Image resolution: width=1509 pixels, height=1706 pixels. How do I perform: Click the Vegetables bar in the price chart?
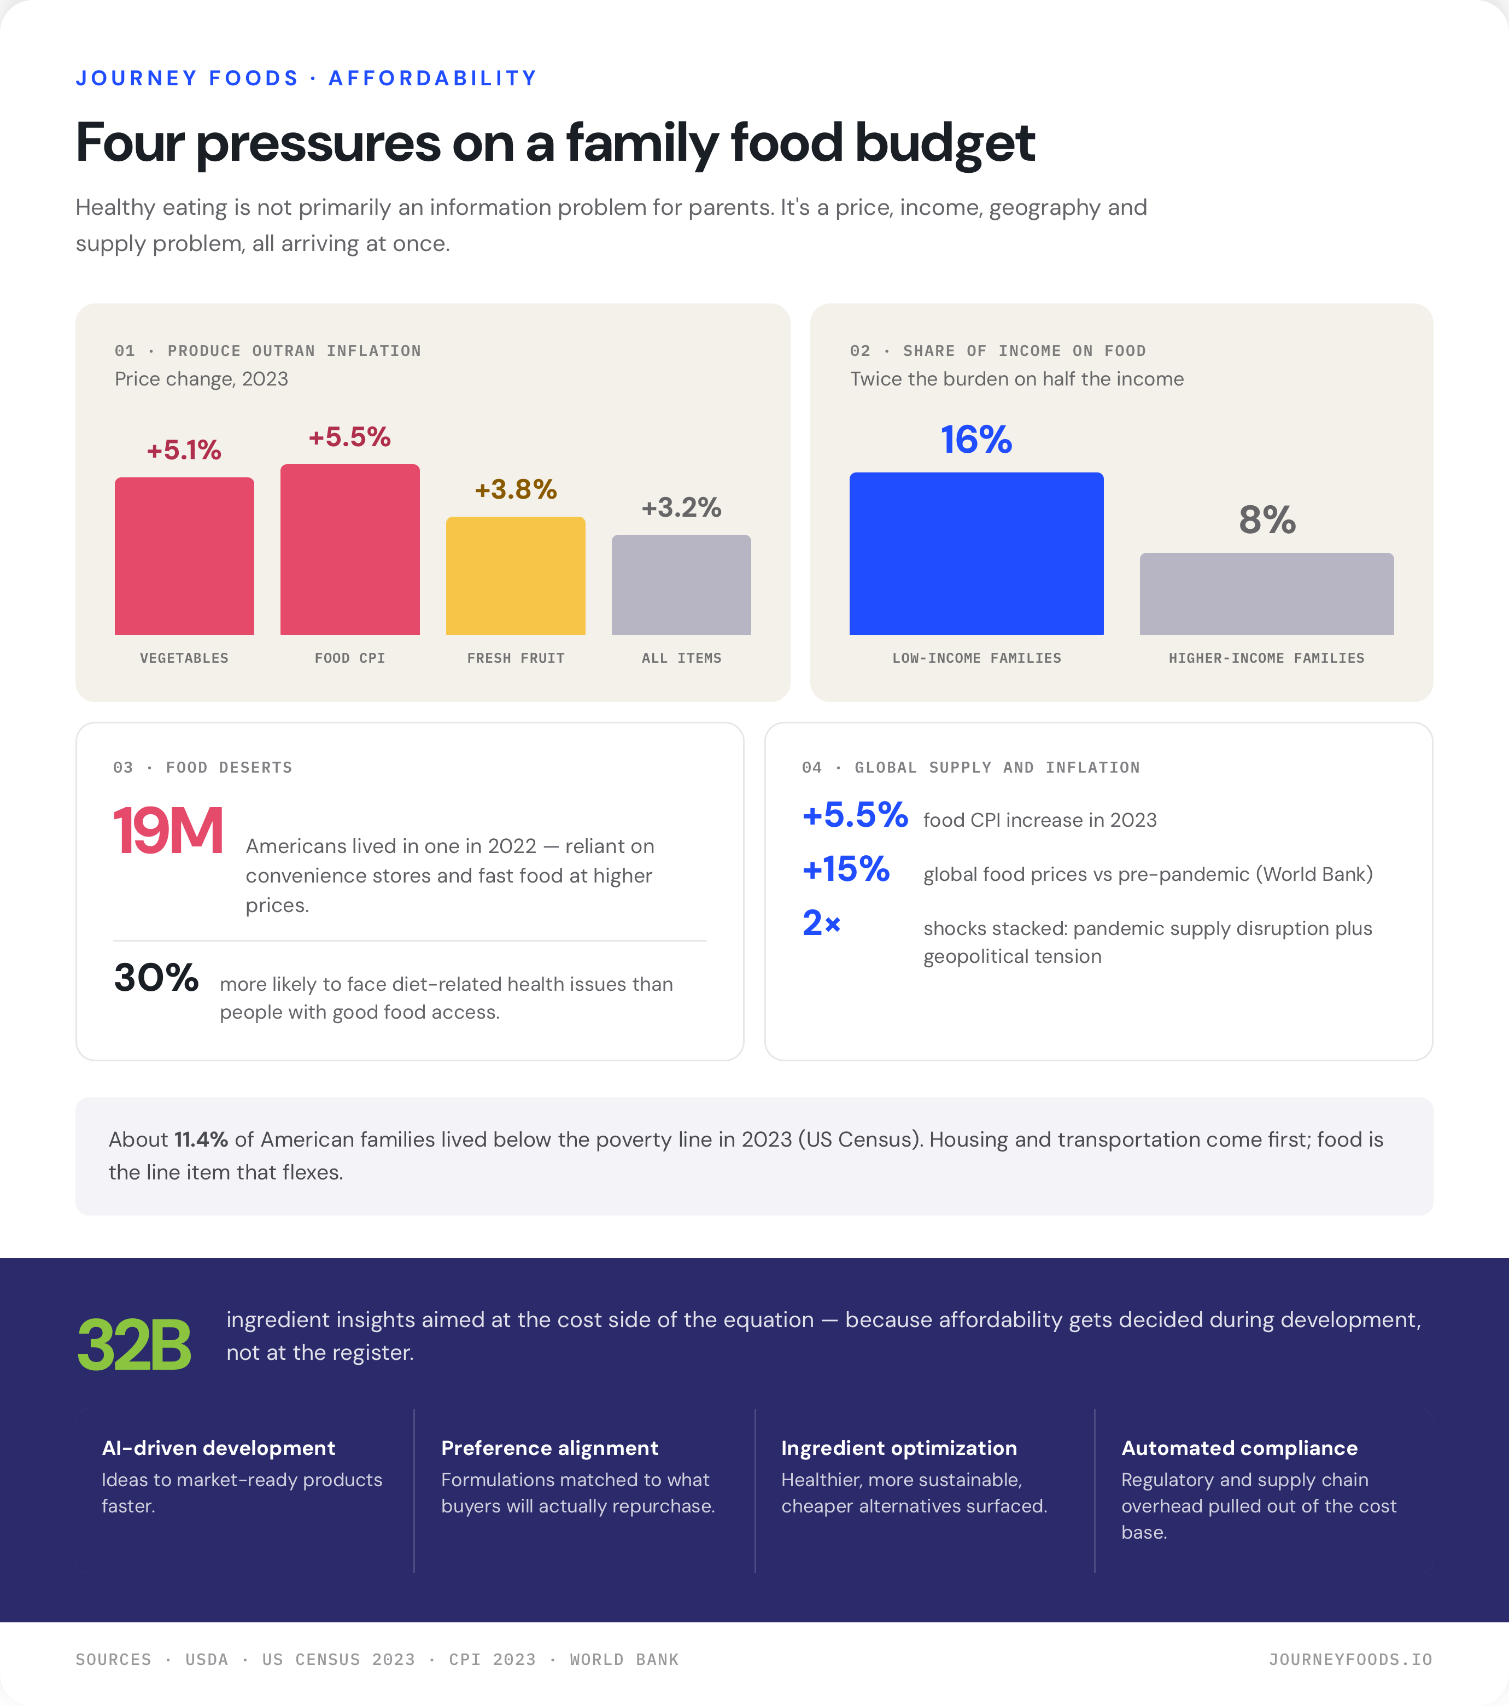coord(184,556)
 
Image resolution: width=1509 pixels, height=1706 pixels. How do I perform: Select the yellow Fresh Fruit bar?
coord(516,576)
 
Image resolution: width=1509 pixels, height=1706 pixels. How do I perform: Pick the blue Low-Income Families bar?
coord(976,553)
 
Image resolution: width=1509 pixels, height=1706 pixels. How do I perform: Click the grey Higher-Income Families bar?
coord(1267,593)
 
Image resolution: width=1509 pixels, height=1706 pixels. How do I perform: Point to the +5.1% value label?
coord(184,451)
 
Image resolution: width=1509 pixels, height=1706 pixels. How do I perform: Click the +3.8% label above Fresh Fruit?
coord(516,490)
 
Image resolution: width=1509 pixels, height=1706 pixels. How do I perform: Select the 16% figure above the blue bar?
coord(976,440)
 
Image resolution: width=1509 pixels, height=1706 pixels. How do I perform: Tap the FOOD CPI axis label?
coord(350,658)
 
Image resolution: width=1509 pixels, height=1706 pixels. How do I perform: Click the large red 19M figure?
coord(168,831)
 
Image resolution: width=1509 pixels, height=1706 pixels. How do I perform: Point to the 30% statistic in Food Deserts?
coord(156,977)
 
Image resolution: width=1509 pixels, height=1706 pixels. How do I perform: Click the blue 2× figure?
coord(821,923)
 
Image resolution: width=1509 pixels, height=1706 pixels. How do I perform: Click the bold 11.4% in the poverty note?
coord(201,1140)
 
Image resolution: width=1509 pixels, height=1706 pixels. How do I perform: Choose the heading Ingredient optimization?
coord(899,1448)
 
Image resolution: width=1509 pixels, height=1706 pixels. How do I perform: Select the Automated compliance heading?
coord(1239,1448)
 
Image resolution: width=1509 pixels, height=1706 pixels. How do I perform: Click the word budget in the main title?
coord(945,144)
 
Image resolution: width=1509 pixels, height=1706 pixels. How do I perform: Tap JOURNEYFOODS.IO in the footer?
coord(1350,1660)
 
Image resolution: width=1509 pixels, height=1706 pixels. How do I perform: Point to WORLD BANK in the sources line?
coord(624,1660)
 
